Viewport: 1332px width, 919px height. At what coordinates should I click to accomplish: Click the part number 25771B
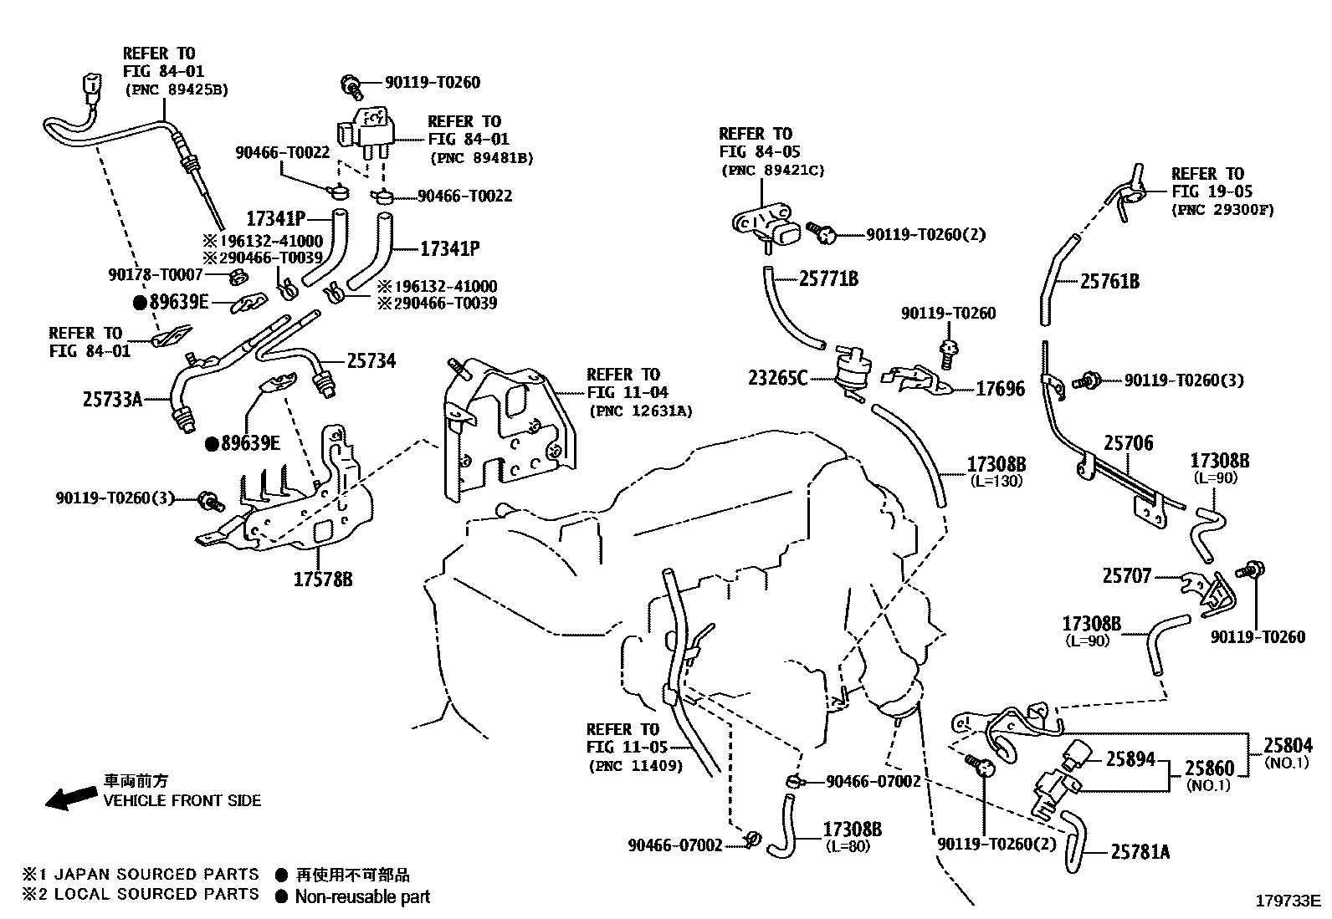[828, 279]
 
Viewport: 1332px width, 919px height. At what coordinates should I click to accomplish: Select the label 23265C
[778, 379]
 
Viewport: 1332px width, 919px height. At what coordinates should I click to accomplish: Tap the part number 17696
[1000, 389]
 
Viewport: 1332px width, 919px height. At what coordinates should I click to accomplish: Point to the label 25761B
[1109, 282]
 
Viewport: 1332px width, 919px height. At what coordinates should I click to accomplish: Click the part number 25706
[1128, 443]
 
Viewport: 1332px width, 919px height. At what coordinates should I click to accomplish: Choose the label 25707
[1126, 576]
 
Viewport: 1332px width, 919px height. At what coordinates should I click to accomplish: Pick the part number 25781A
[1140, 852]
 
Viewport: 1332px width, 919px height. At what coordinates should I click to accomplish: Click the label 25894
[1130, 759]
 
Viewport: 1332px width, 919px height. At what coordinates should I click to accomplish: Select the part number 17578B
[322, 579]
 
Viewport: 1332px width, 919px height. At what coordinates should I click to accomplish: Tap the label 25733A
[113, 400]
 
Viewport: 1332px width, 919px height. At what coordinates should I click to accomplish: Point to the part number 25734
[371, 361]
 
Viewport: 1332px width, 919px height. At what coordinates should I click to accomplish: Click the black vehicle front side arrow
[71, 797]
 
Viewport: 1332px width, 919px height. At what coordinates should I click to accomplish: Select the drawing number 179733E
[1287, 901]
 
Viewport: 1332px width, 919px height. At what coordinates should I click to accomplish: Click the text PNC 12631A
[641, 411]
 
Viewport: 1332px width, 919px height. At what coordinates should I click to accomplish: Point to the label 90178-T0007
[156, 274]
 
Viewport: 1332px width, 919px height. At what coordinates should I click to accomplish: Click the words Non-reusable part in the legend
[362, 897]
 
